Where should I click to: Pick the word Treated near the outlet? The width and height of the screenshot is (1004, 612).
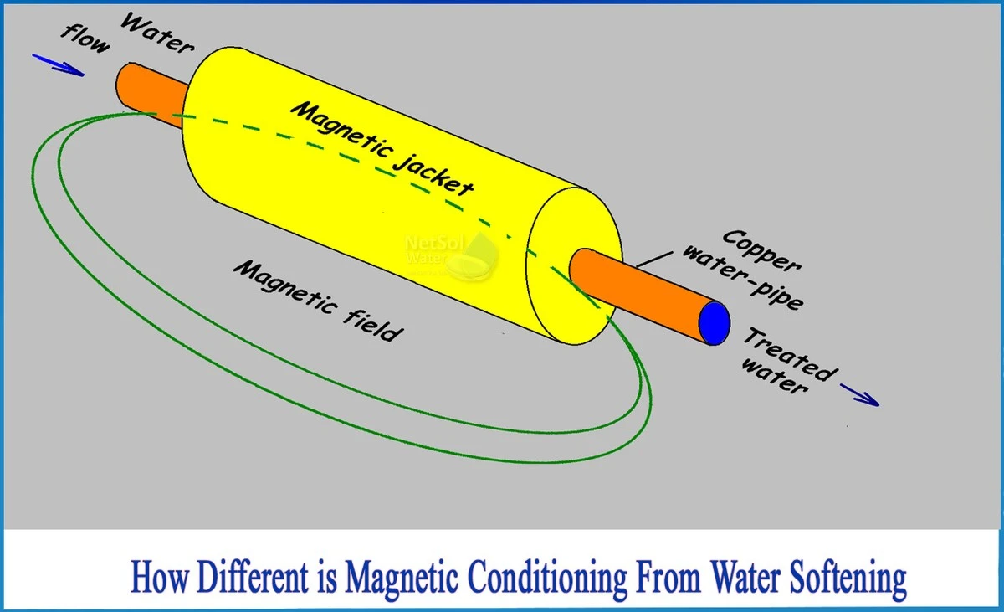(x=787, y=353)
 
